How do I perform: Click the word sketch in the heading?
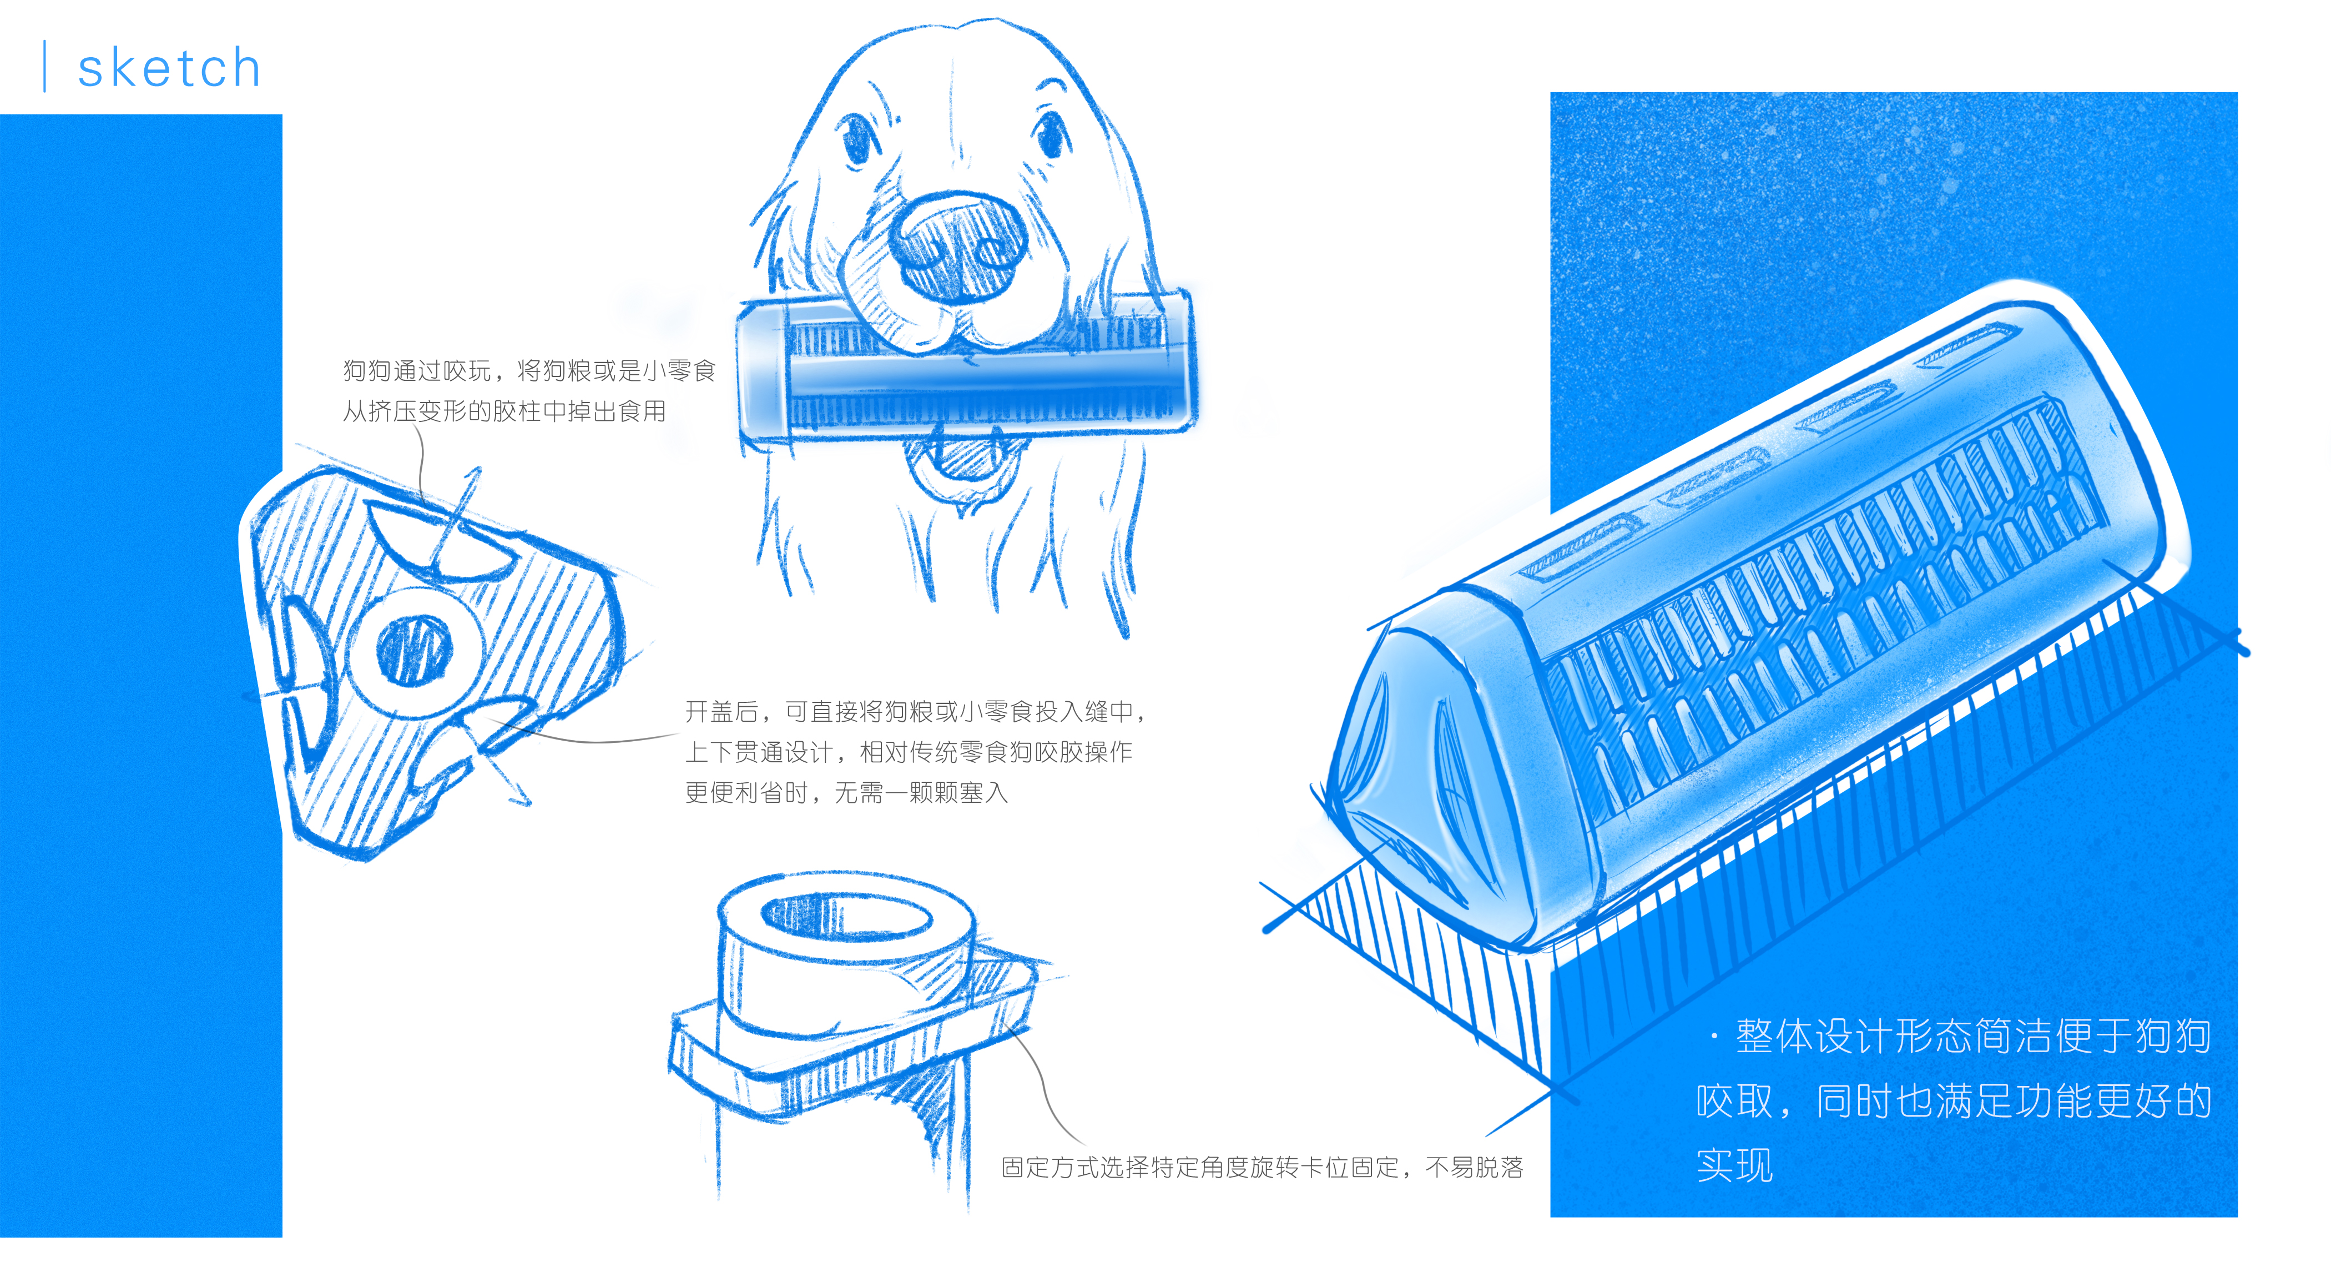point(169,69)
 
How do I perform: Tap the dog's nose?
point(959,243)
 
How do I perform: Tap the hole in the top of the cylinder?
point(846,916)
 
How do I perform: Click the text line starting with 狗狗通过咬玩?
point(529,370)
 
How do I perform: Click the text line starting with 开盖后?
point(916,711)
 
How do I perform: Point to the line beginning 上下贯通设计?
point(909,752)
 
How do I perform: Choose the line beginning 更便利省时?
point(846,793)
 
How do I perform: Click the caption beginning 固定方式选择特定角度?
point(1262,1168)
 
